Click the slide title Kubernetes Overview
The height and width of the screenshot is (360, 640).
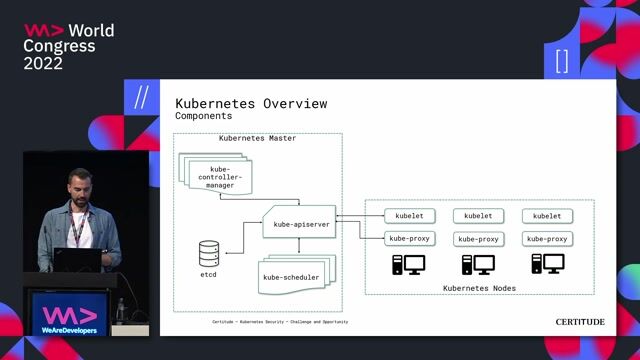coord(251,104)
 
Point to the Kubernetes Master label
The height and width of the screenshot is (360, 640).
coord(257,138)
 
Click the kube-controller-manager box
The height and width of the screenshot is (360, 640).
coord(219,177)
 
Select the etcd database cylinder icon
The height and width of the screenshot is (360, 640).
coord(209,251)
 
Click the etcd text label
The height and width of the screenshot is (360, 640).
coord(208,273)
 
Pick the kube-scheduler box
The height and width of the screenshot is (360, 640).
coord(293,277)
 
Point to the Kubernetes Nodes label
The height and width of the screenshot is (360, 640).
coord(479,288)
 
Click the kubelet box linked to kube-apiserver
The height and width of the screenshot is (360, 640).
coord(408,216)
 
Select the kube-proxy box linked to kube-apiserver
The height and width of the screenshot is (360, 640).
coord(408,239)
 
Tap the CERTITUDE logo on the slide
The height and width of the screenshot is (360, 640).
coord(580,322)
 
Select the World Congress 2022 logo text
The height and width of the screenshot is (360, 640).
coord(68,47)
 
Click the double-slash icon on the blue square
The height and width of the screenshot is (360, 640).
coord(141,97)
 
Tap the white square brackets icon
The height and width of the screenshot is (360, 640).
coord(562,62)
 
